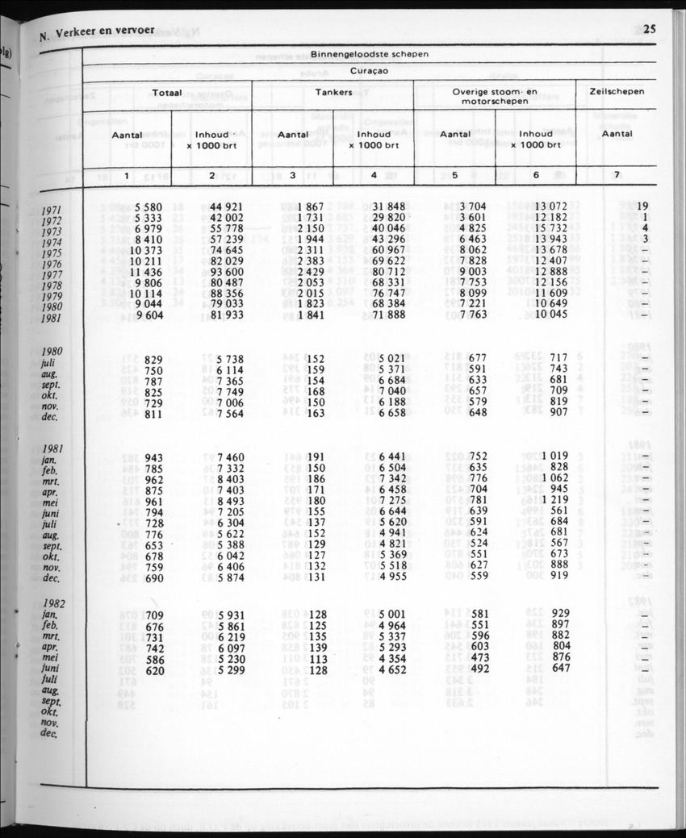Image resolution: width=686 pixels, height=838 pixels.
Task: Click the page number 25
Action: (650, 31)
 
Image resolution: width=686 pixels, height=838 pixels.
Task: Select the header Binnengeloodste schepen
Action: (370, 54)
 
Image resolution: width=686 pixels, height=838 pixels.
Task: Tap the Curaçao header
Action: (370, 70)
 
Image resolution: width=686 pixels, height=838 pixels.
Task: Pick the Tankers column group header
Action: (333, 92)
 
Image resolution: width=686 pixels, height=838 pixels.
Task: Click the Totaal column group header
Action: (167, 93)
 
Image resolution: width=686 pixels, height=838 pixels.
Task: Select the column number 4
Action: (373, 175)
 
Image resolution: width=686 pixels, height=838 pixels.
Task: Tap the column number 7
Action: (617, 175)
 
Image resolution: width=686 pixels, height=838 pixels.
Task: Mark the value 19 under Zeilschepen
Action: (642, 206)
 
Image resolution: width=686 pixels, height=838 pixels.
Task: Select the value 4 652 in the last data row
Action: (392, 669)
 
